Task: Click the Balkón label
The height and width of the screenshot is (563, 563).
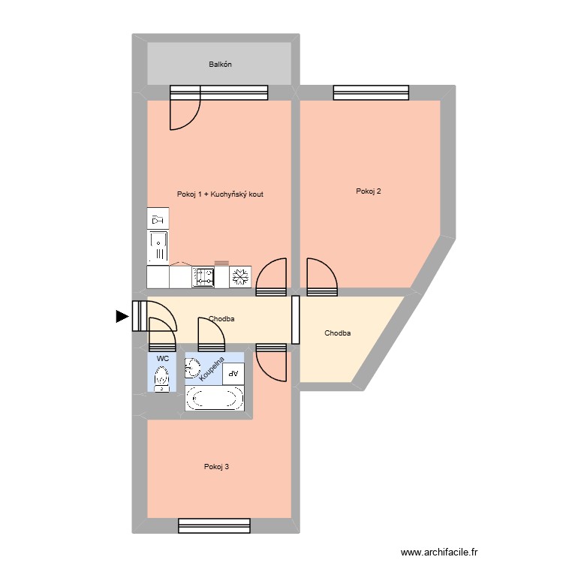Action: click(220, 65)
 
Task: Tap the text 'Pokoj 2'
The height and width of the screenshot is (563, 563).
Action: click(369, 191)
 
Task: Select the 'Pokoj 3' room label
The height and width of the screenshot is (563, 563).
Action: click(216, 467)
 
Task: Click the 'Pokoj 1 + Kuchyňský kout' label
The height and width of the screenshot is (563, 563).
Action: click(220, 194)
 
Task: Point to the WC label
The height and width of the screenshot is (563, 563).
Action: click(162, 359)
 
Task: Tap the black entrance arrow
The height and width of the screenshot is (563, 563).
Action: click(122, 317)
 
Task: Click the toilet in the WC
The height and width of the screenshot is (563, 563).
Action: click(161, 381)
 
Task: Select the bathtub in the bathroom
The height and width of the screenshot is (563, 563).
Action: click(215, 399)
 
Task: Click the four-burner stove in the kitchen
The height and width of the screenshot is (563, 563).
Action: click(203, 277)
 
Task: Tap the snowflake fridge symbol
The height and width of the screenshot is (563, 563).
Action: click(241, 277)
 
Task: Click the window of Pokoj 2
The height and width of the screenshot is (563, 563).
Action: click(372, 92)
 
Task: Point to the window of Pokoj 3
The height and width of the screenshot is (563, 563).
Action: click(217, 525)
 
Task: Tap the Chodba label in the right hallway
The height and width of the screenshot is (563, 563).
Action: click(337, 333)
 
